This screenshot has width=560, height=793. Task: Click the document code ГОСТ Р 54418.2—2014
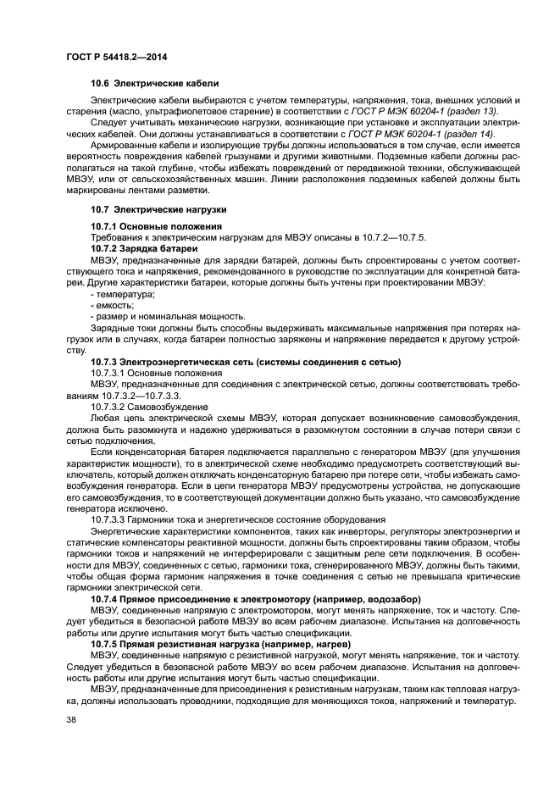pos(104,55)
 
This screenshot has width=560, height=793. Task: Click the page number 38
pos(70,720)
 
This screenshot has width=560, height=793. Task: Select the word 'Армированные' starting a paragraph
pos(123,146)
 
